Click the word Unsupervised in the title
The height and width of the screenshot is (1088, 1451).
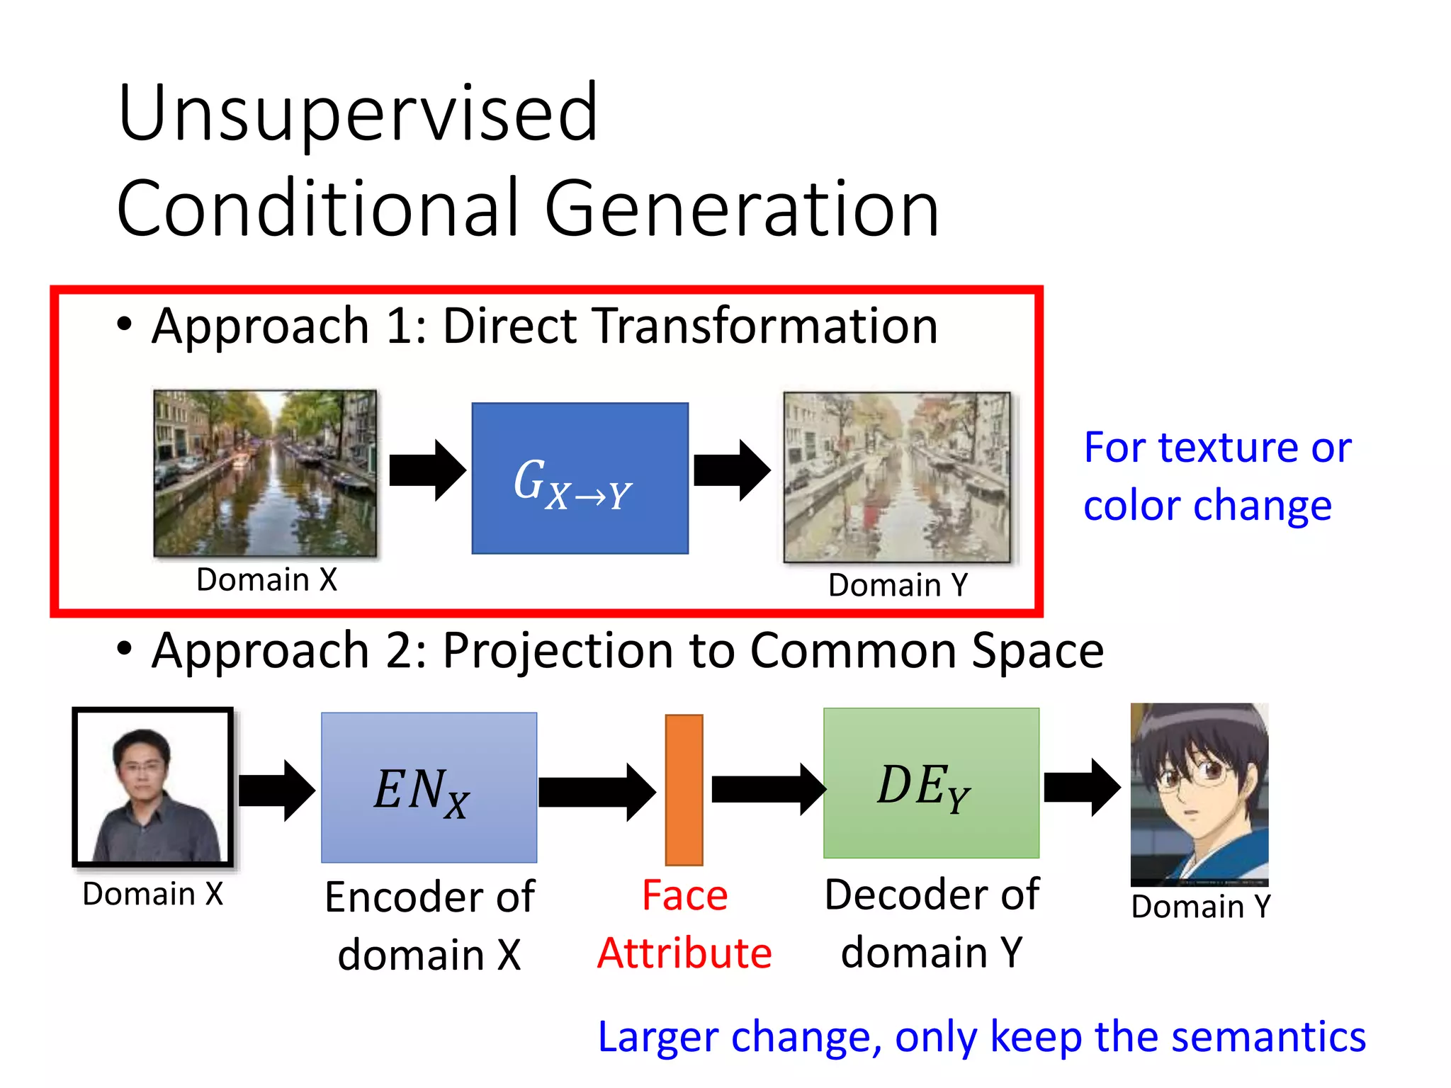coord(358,113)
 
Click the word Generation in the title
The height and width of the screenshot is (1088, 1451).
coord(742,209)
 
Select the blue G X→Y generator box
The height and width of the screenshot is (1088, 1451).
coord(580,478)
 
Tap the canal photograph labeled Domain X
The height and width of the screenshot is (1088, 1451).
coord(265,472)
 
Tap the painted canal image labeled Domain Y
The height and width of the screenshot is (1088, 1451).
coord(897,477)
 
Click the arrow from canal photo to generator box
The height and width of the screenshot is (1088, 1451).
coord(427,470)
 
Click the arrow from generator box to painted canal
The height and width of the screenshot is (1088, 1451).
coord(732,470)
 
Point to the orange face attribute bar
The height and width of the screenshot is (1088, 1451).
coord(684,789)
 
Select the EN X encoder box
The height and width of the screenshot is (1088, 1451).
coord(429,788)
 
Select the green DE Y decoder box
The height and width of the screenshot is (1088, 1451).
coord(931,783)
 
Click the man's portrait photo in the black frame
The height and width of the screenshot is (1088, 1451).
coord(153,788)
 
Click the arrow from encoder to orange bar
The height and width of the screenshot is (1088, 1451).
coord(597,791)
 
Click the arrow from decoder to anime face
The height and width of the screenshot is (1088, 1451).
coord(1082,788)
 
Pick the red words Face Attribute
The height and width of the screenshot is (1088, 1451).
coord(684,924)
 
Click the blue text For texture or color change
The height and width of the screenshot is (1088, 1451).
coord(1216,476)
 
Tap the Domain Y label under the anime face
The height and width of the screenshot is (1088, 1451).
coord(1201,907)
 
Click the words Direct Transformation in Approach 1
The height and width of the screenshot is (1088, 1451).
coord(690,326)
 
